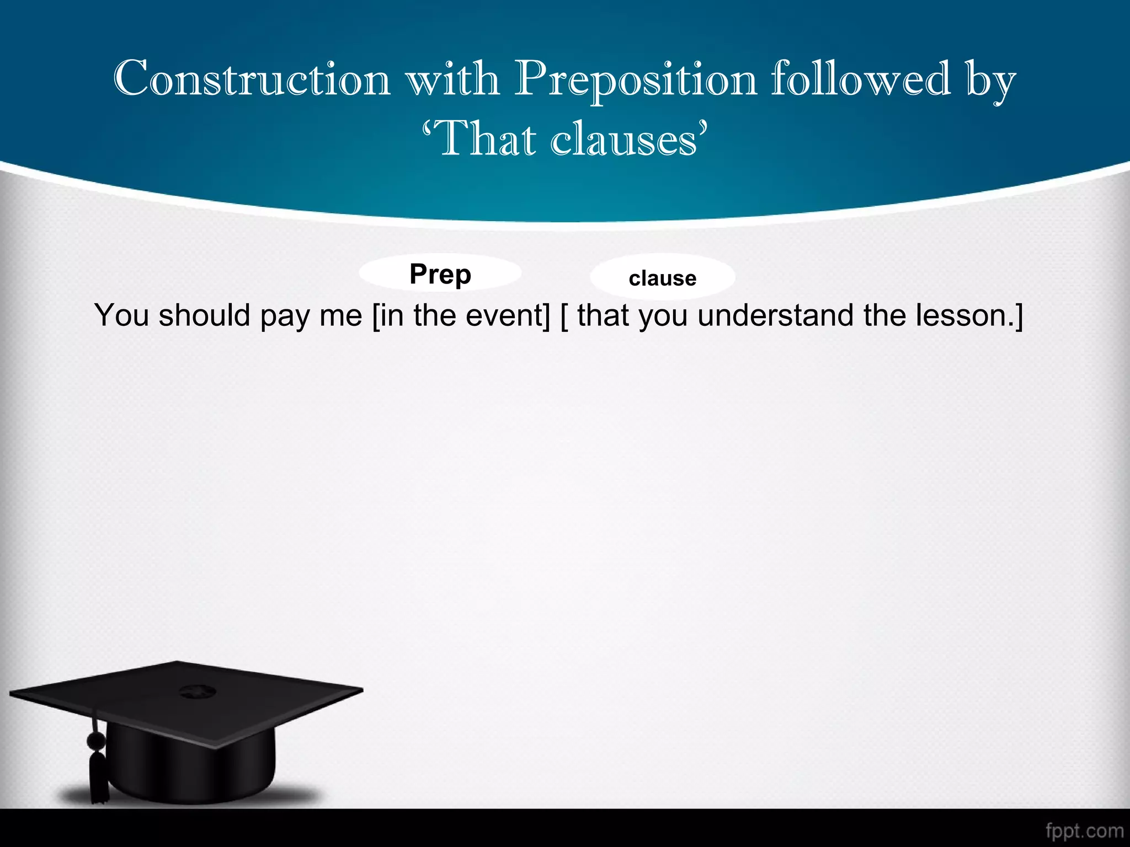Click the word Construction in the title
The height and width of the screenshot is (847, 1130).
[252, 79]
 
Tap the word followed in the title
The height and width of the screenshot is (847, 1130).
[861, 79]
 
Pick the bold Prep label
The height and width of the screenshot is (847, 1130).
[440, 274]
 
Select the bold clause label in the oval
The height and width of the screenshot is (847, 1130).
[662, 278]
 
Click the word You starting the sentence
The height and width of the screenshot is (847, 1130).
[121, 315]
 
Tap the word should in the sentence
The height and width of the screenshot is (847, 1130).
[205, 315]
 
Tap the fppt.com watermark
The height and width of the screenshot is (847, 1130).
[1084, 831]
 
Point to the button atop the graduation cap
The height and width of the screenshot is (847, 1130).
[193, 690]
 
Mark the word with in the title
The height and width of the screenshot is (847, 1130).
[452, 79]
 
